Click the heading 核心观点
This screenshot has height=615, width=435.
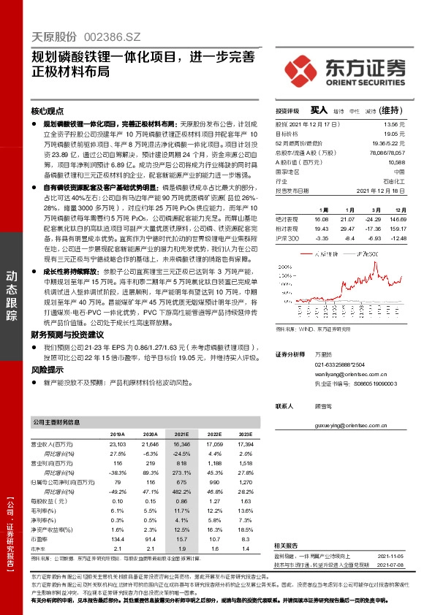tap(48, 112)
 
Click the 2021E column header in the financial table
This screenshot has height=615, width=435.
tap(183, 434)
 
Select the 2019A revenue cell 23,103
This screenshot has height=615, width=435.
tap(118, 443)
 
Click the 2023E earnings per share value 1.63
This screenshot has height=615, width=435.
tap(245, 501)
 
